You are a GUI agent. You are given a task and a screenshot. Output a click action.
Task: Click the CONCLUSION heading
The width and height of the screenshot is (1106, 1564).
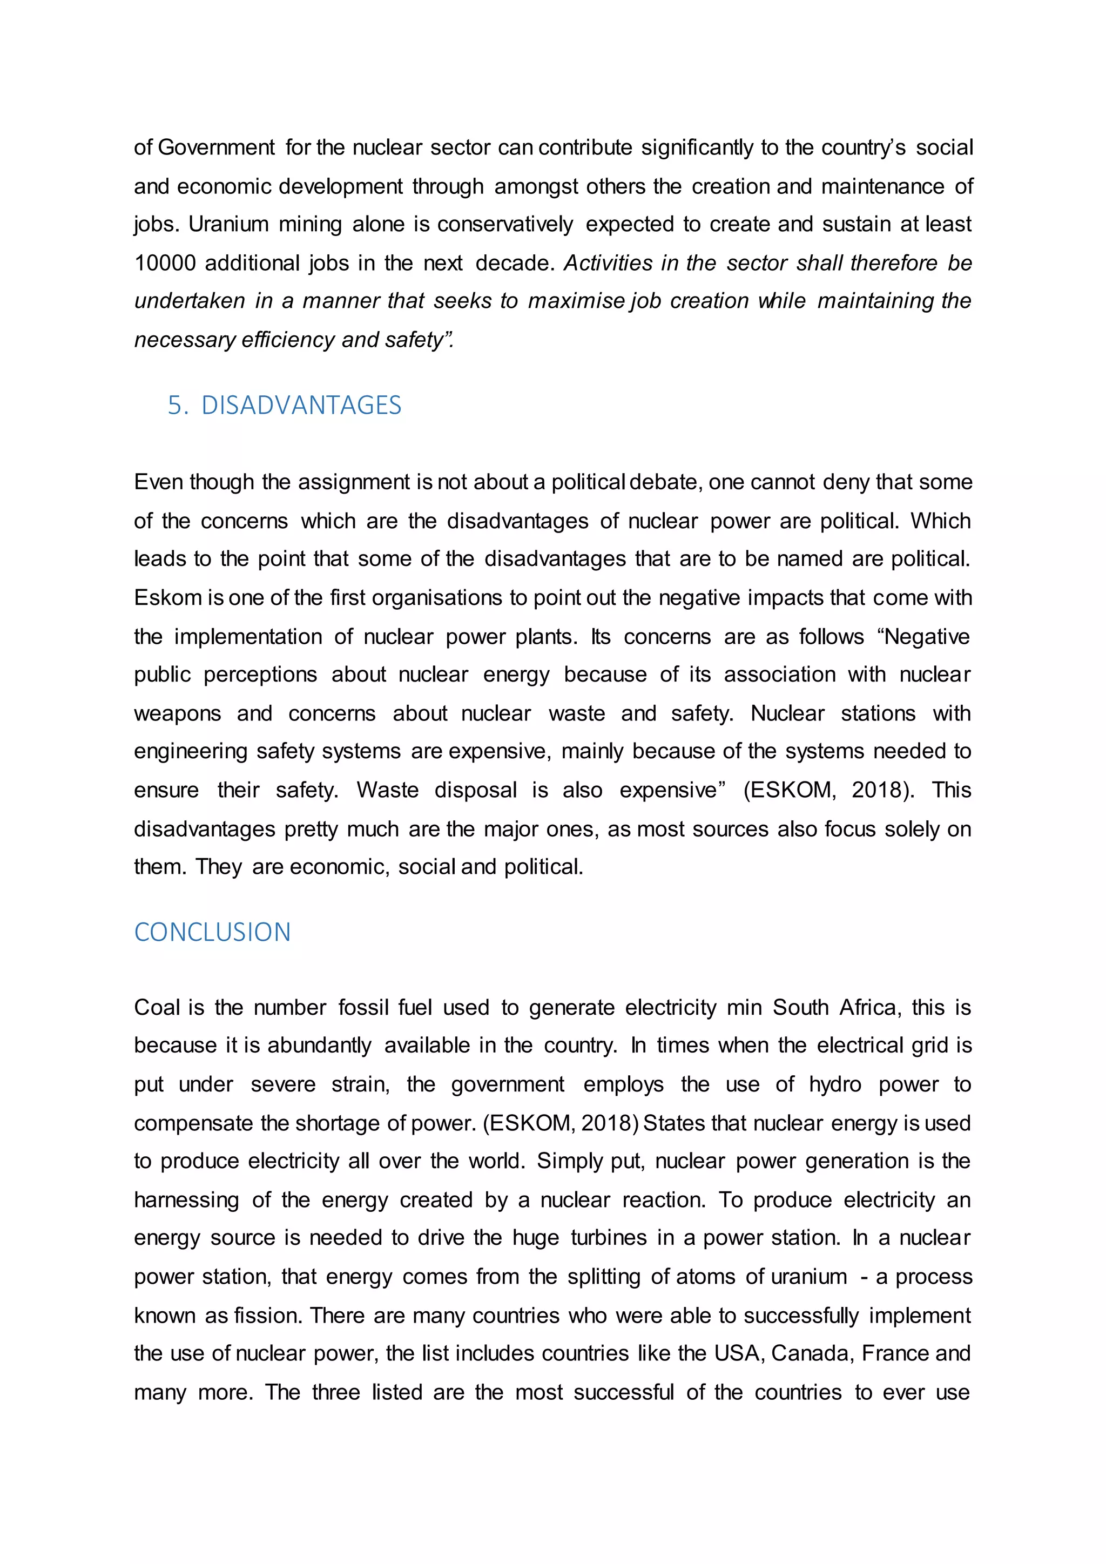tap(212, 932)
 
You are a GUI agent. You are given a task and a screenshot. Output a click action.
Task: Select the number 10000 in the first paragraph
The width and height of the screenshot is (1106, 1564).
tap(165, 263)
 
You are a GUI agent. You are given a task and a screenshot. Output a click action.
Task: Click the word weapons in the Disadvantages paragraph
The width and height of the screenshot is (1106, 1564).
tap(177, 713)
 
